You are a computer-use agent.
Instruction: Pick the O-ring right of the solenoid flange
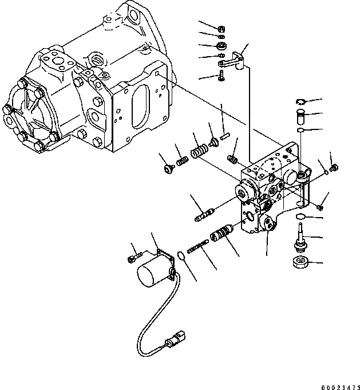tap(180, 254)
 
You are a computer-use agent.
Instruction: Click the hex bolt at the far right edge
tap(335, 168)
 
